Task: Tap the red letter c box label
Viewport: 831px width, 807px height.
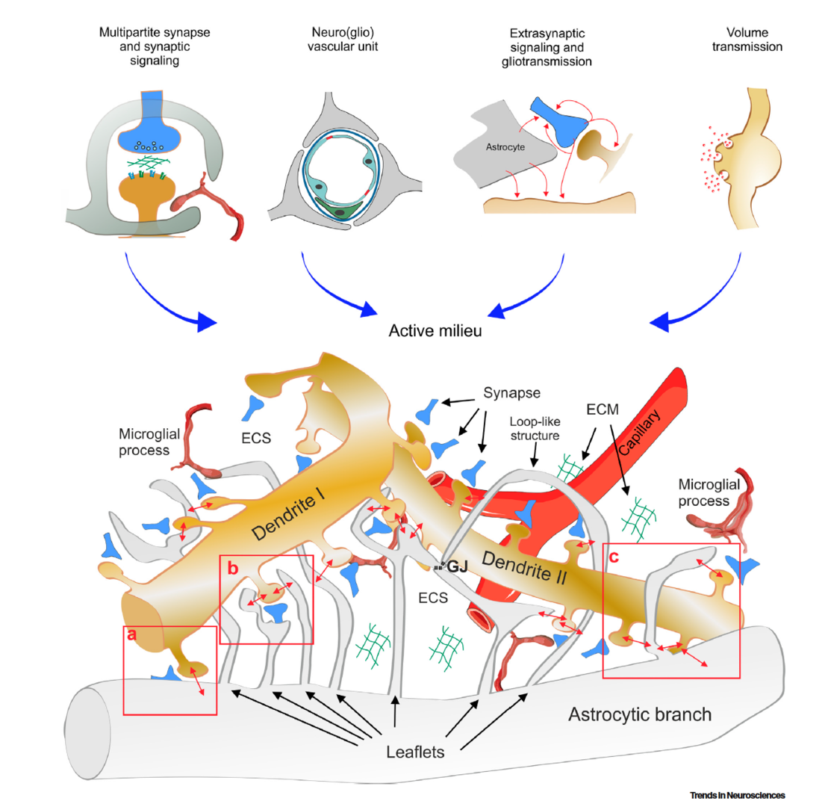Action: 614,557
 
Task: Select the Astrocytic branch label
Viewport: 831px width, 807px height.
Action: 640,714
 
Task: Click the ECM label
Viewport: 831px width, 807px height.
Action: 599,409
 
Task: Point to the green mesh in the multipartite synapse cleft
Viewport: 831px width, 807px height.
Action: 151,159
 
